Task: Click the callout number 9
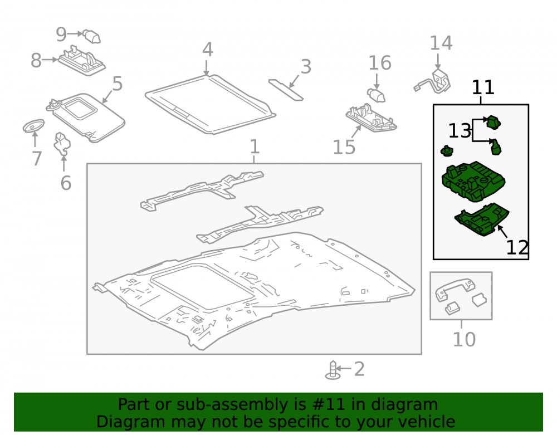tap(61, 35)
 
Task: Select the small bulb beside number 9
tap(92, 37)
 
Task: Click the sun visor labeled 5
tap(86, 117)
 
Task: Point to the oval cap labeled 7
tap(33, 126)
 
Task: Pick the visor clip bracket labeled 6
tap(62, 144)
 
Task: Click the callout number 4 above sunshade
tap(208, 50)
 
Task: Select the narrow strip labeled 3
tap(286, 90)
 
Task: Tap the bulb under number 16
tap(376, 95)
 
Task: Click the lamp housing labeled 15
tap(371, 118)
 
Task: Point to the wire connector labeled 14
tap(433, 82)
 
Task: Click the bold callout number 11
tap(483, 87)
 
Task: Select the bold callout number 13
tap(460, 131)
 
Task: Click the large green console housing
tap(473, 182)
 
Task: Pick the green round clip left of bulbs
tap(447, 151)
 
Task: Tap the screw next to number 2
tap(333, 370)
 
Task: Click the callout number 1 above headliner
tap(255, 146)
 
